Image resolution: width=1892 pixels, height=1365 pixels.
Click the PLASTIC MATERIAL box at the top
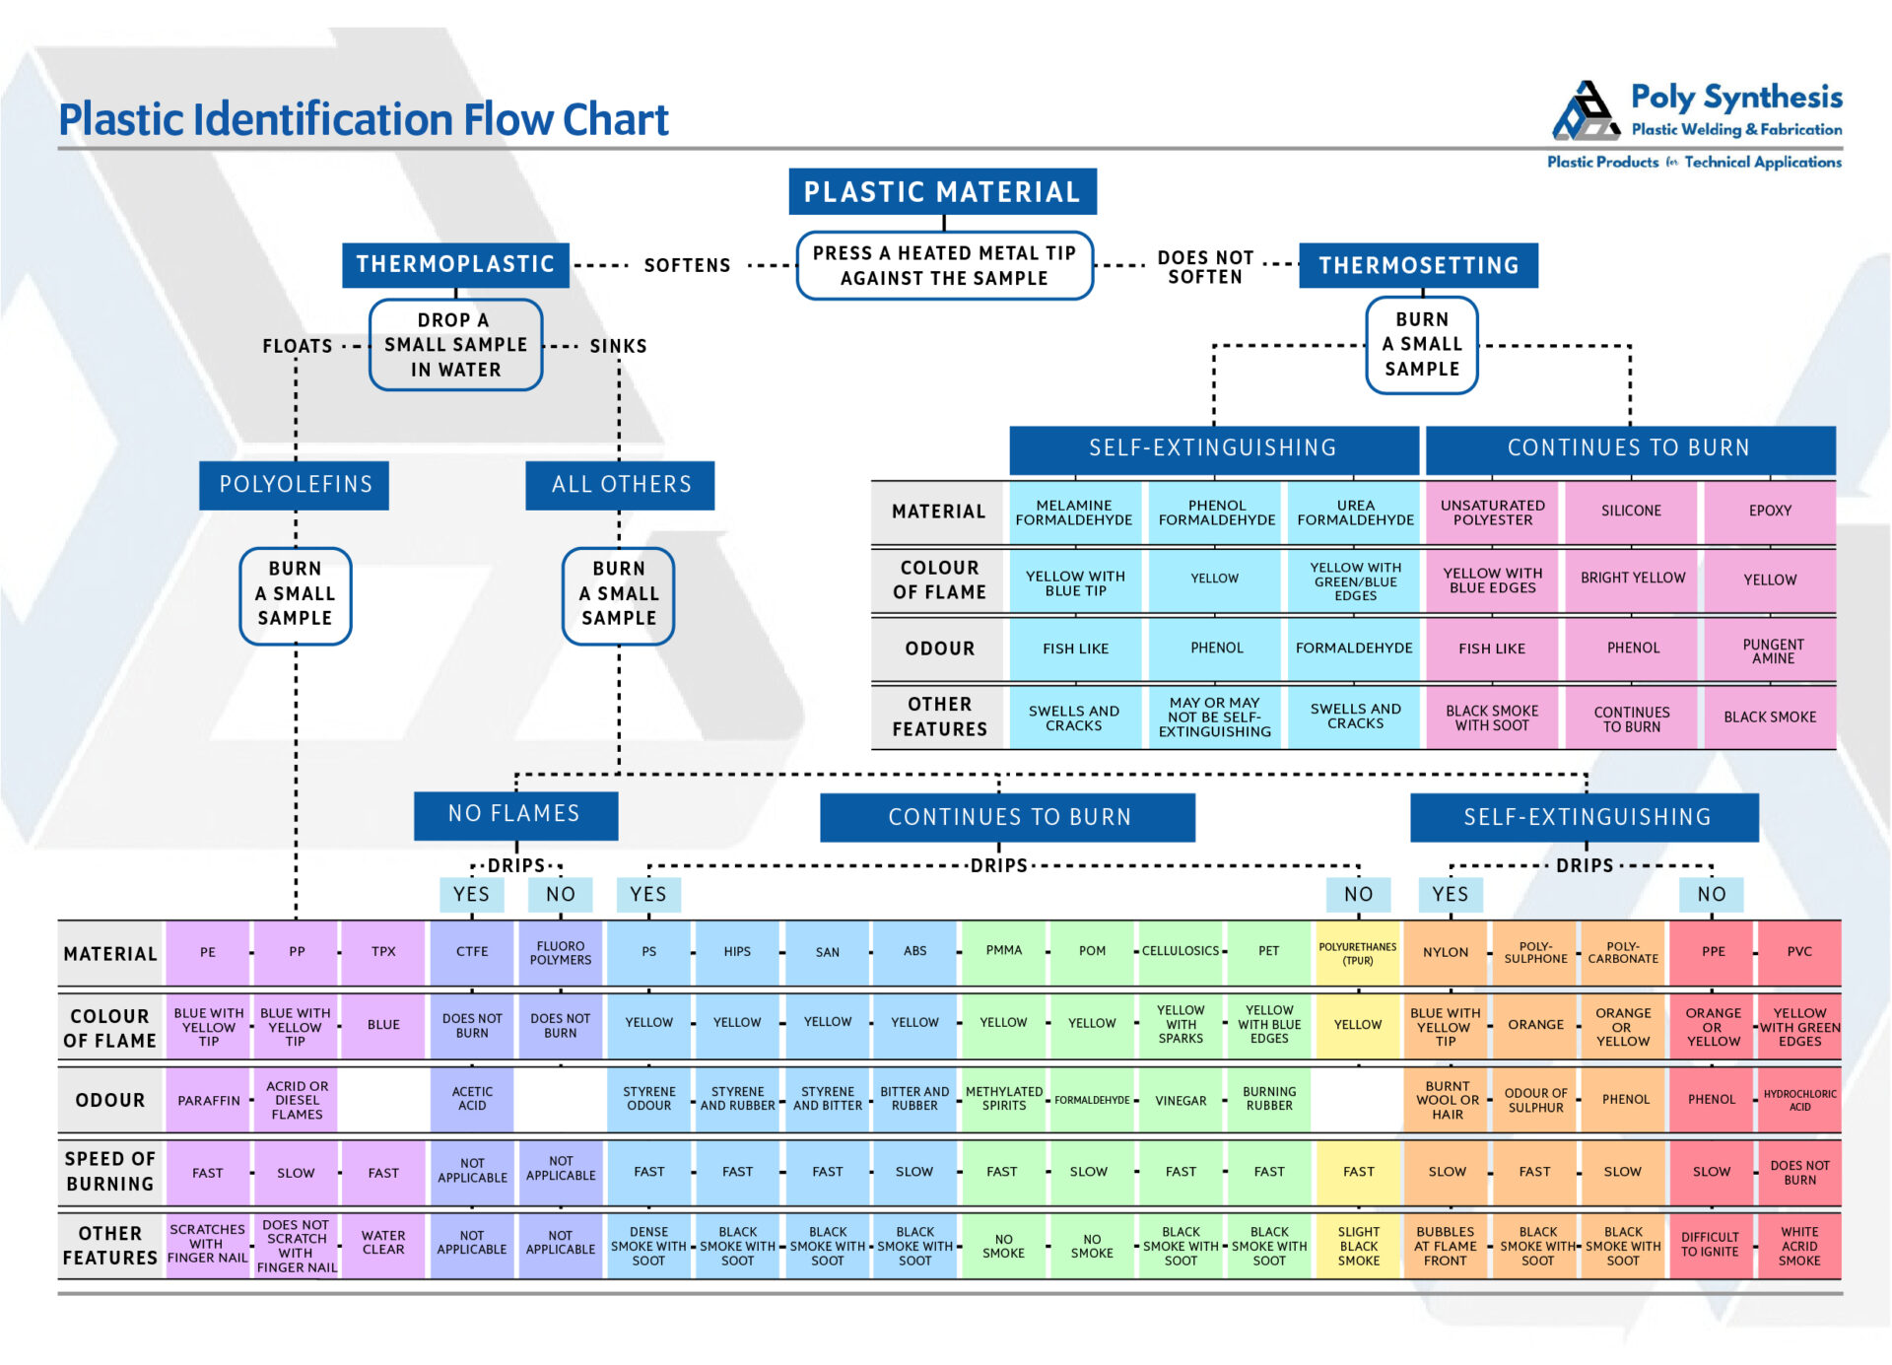point(941,191)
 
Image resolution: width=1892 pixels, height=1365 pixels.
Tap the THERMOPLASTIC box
point(455,264)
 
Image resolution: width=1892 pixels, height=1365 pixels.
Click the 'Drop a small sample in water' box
point(455,345)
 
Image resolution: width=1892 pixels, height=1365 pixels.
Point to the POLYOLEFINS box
point(295,484)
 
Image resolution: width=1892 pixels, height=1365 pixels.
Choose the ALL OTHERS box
point(620,484)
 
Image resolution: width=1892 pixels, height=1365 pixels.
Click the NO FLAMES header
point(514,814)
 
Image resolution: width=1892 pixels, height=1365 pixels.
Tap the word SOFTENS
point(687,265)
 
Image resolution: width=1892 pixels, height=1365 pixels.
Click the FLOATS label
point(297,346)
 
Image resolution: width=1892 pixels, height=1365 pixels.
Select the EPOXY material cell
point(1770,511)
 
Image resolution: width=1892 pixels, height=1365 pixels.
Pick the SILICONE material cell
point(1631,511)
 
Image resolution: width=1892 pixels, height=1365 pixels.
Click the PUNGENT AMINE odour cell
point(1772,650)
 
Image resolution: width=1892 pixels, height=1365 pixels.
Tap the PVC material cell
point(1799,951)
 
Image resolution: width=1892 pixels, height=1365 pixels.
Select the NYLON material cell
point(1446,952)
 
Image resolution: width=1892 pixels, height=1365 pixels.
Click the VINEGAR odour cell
point(1181,1100)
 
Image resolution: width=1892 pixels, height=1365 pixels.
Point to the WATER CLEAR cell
point(383,1242)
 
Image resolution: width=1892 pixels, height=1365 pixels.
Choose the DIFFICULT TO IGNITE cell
point(1710,1244)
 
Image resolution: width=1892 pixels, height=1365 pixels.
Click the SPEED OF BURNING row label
point(109,1171)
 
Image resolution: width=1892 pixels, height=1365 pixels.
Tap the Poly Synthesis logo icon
point(1586,110)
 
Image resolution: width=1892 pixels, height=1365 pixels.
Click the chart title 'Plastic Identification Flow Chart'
point(364,119)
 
